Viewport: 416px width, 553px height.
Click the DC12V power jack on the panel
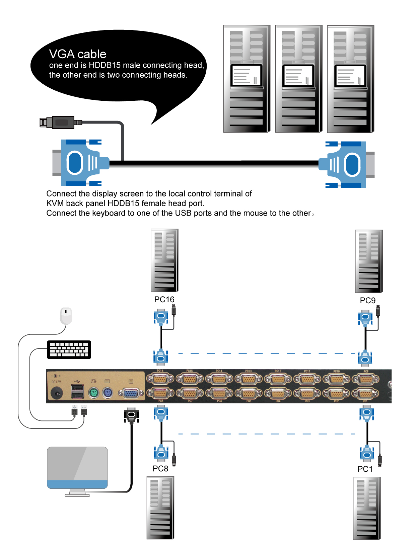57,393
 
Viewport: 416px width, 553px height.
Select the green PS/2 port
93,393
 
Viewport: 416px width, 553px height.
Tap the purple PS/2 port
107,393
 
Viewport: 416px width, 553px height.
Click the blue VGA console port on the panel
131,393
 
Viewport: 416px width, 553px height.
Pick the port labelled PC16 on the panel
160,379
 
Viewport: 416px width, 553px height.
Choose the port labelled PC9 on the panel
366,379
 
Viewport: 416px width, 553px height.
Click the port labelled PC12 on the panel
278,379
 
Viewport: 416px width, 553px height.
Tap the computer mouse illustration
66,315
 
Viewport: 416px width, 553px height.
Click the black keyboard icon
69,349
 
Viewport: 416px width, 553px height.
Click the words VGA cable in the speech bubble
78,54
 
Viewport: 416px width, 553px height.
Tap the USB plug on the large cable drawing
61,123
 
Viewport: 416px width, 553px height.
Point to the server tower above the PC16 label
164,260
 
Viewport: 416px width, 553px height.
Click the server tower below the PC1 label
367,508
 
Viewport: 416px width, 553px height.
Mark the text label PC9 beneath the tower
367,300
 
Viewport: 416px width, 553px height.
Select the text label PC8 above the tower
160,468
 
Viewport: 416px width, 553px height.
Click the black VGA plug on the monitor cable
131,415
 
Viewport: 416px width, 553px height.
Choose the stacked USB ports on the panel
78,391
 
